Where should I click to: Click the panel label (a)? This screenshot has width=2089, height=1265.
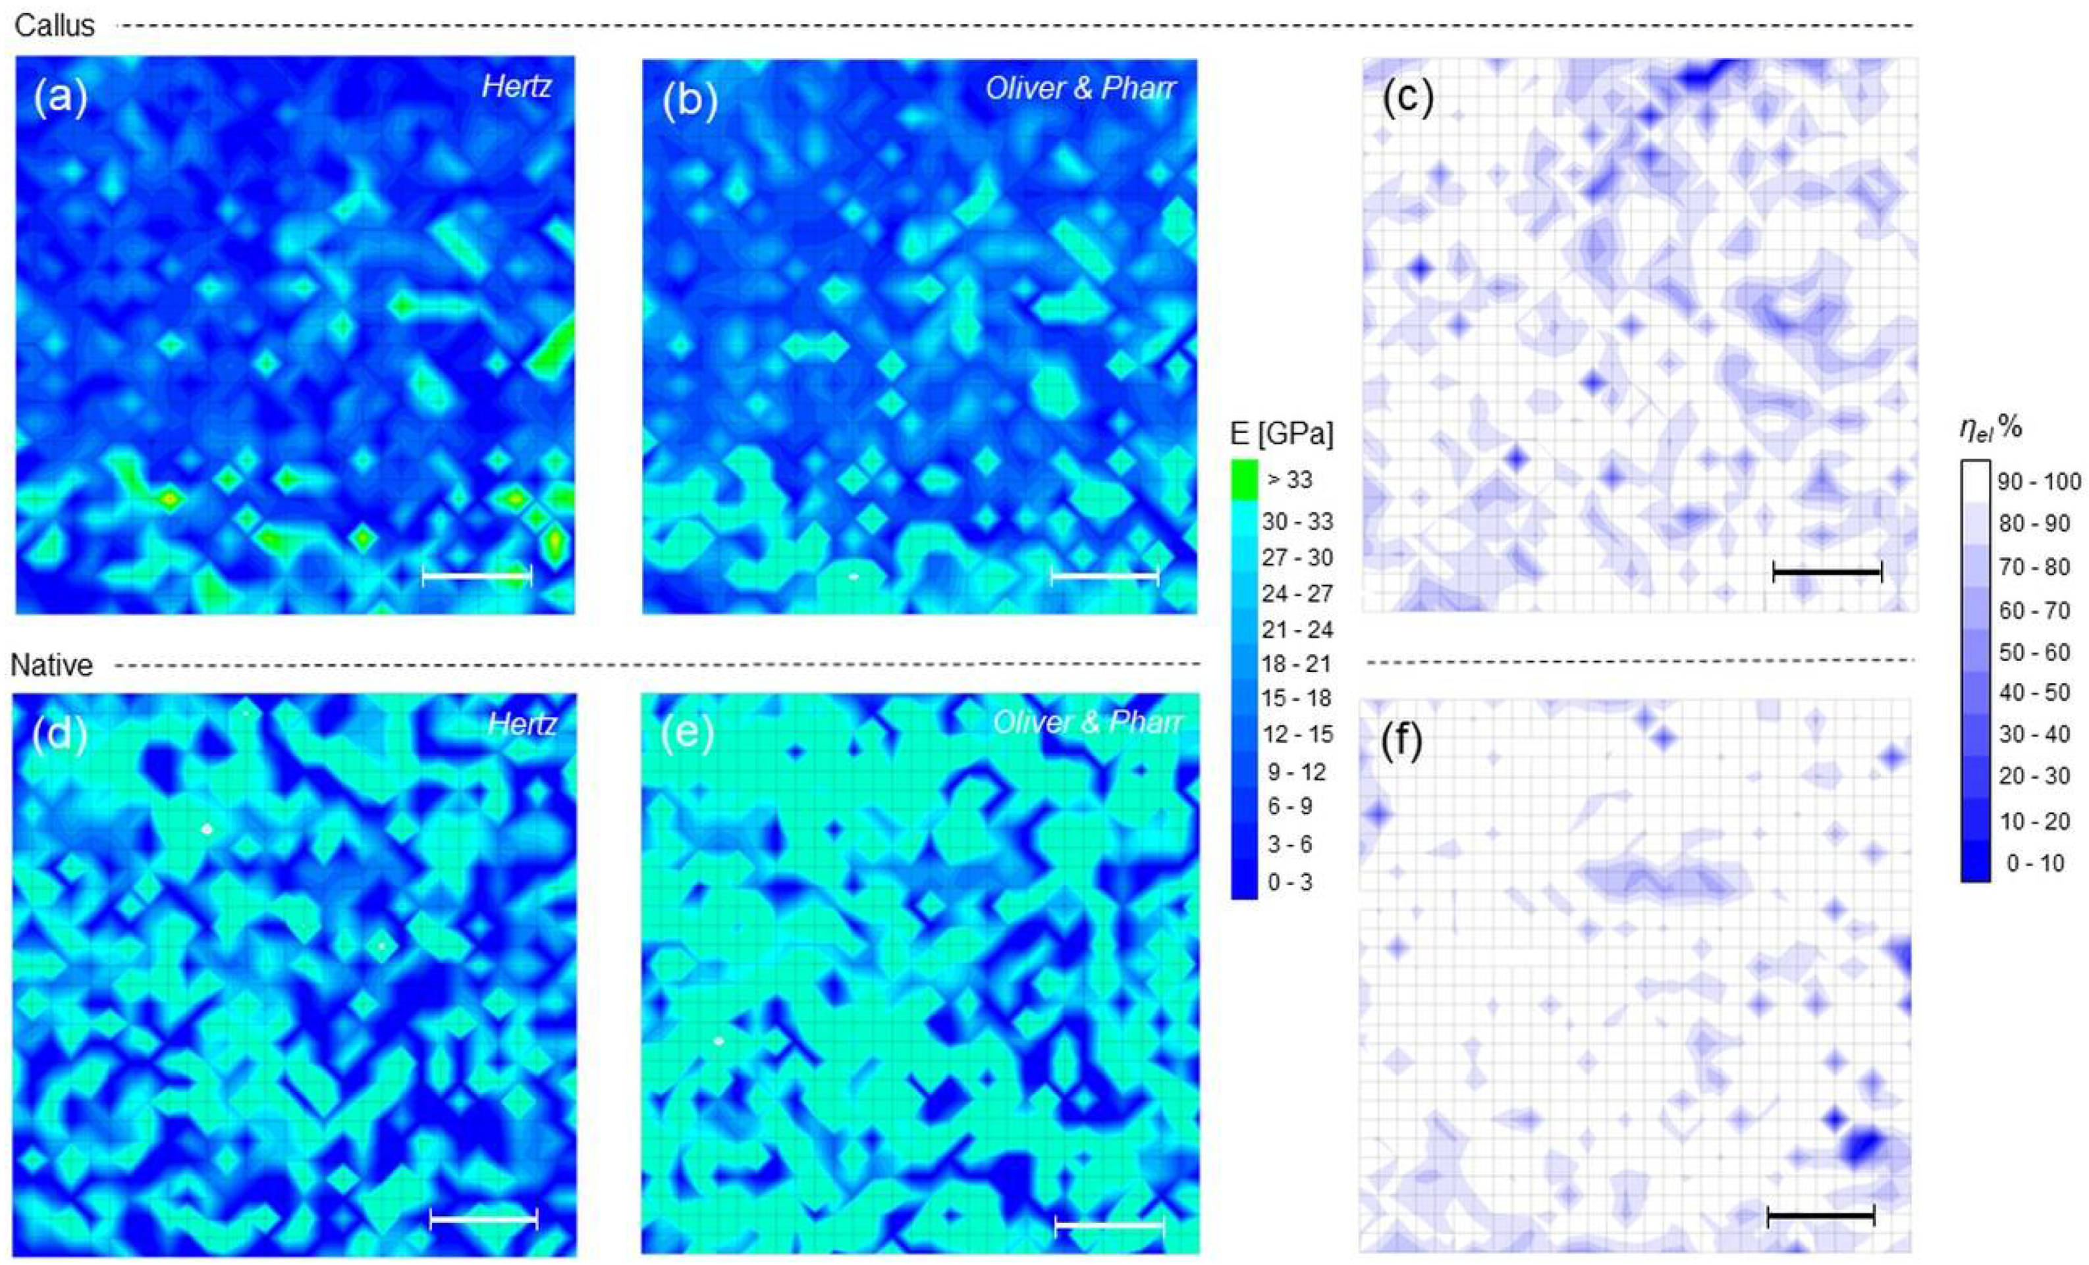coord(60,99)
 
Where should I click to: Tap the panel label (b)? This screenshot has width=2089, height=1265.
coord(690,101)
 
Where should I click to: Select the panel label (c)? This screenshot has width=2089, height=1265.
coord(1407,99)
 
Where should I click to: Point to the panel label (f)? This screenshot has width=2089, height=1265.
coord(1401,740)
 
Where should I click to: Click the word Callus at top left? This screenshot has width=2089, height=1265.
coord(54,26)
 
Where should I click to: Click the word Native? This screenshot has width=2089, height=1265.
coord(52,665)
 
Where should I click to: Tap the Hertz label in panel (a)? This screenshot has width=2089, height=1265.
coord(516,86)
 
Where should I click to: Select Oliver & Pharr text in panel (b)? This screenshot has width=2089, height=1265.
coord(1080,88)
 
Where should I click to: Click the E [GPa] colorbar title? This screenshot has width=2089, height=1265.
coord(1282,434)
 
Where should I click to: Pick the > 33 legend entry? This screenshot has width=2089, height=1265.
coord(1289,480)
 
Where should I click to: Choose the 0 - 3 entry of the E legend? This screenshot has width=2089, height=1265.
coord(1289,882)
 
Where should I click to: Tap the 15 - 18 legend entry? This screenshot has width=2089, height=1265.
coord(1297,698)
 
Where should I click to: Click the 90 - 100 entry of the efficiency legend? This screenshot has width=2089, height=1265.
coord(2040,481)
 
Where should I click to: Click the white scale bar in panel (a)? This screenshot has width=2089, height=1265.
coord(476,576)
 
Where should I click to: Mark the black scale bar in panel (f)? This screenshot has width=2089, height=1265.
coord(1820,1217)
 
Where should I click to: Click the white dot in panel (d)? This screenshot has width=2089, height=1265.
coord(206,829)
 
